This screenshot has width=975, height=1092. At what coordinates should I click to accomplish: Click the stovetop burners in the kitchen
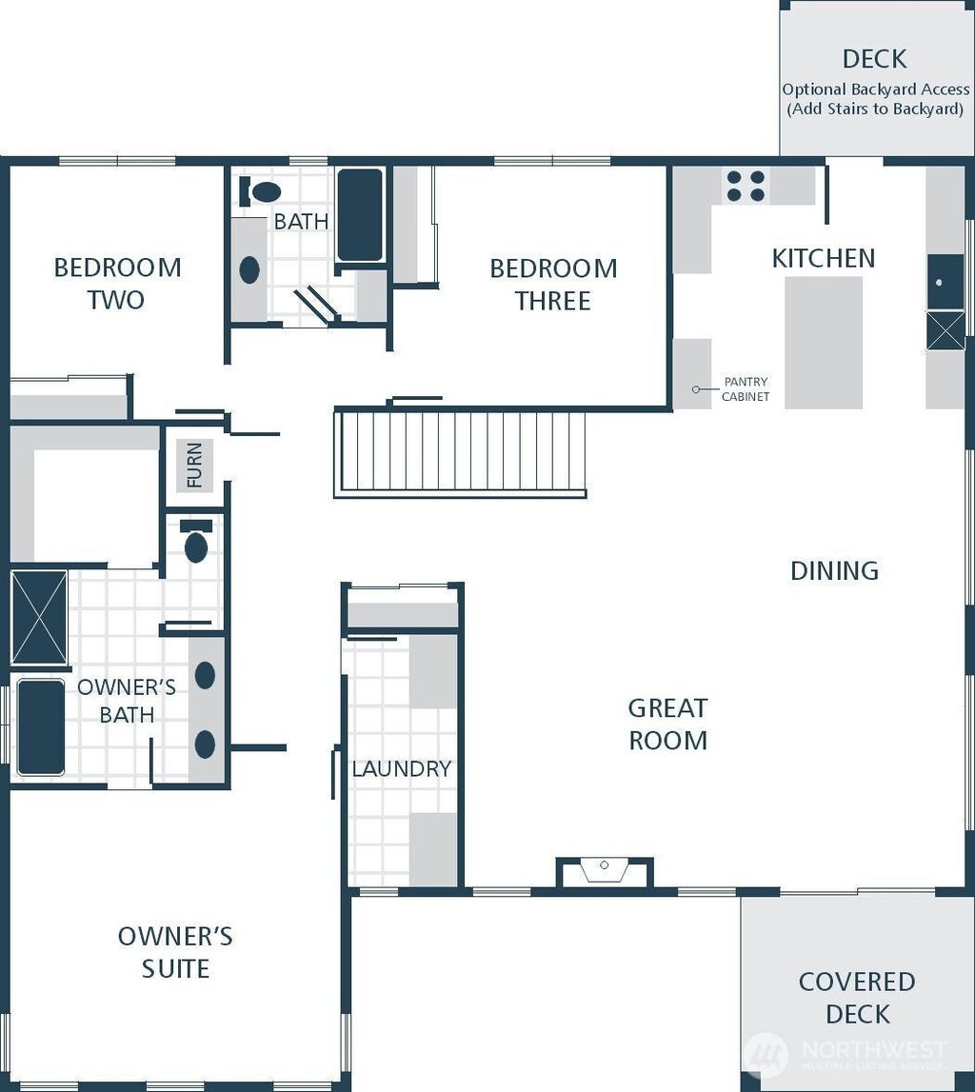(746, 186)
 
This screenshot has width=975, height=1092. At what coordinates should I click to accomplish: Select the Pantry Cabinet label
(746, 389)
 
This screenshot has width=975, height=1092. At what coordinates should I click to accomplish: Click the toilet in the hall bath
(260, 190)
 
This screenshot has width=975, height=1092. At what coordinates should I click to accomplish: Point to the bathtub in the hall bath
(360, 215)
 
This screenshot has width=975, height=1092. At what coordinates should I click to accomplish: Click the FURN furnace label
(194, 465)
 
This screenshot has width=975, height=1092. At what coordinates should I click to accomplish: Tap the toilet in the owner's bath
(196, 541)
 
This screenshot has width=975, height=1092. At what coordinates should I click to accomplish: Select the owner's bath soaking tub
(41, 727)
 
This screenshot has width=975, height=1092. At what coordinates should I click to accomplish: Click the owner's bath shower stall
(40, 619)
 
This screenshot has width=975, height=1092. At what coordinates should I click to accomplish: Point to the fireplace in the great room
(604, 871)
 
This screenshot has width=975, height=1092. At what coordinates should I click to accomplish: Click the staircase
(460, 452)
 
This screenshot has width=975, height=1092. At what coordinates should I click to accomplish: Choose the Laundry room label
(402, 769)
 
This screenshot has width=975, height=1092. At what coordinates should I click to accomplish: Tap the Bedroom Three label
(553, 284)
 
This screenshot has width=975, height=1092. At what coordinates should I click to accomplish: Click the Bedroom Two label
(117, 284)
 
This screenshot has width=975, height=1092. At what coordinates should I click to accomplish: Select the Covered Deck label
(857, 998)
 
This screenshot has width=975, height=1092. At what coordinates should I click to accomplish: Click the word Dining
(834, 571)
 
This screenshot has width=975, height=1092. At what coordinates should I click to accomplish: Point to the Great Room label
(667, 725)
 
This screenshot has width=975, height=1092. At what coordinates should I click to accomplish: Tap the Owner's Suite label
(175, 952)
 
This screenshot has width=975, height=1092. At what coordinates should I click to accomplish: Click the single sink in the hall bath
(249, 269)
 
